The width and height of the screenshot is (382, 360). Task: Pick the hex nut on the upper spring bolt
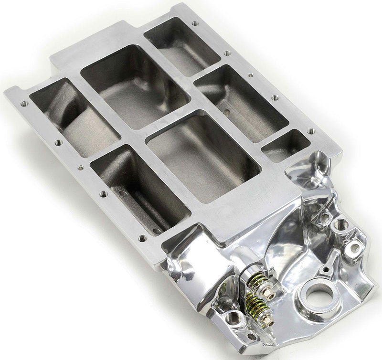coord(270,295)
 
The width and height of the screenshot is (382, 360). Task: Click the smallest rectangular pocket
coord(286,145)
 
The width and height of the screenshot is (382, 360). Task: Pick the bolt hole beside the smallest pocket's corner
coord(311,131)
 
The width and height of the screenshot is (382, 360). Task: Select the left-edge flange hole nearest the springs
coord(142,238)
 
